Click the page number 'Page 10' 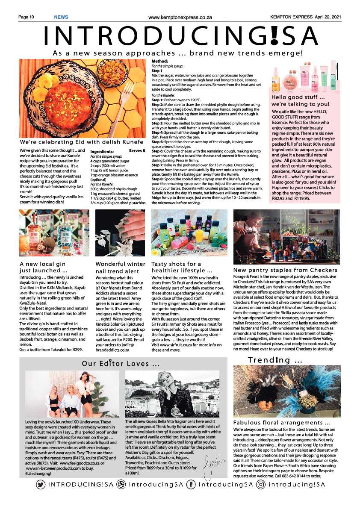coord(26,17)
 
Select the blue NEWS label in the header coord(61,17)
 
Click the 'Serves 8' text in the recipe coord(137,151)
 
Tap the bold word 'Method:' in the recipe coord(160,62)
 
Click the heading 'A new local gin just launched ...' coord(44,267)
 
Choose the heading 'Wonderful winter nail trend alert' coord(120,268)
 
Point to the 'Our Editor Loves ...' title coord(121,364)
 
